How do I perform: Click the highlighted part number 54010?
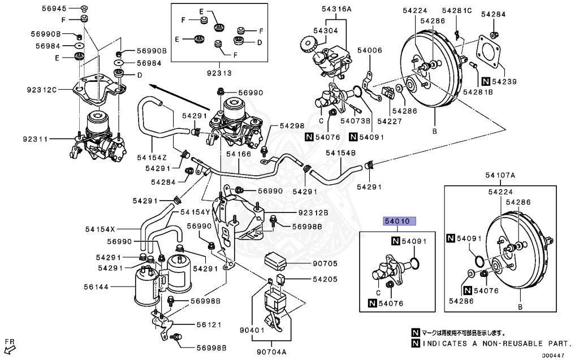coord(400,222)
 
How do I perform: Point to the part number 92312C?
coord(41,88)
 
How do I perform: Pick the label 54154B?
coord(340,153)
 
